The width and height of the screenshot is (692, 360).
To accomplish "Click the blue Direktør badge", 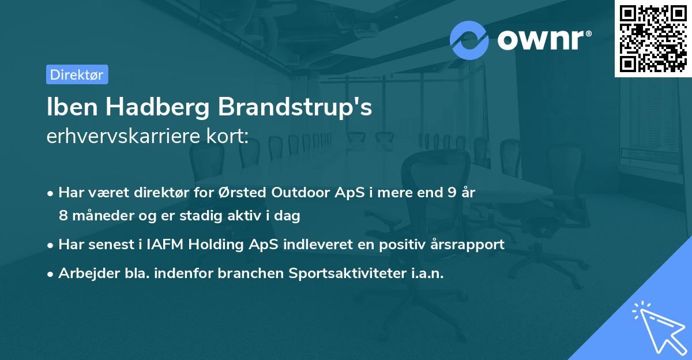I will pyautogui.click(x=77, y=75).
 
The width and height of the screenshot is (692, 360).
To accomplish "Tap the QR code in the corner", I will pyautogui.click(x=653, y=38).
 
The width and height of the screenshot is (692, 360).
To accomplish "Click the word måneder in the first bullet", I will pyautogui.click(x=97, y=216).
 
